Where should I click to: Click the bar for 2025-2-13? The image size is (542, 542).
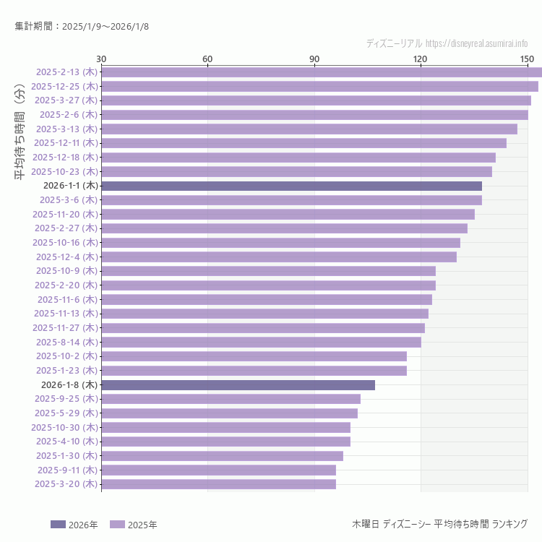click(322, 72)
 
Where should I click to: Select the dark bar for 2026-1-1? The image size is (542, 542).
click(291, 186)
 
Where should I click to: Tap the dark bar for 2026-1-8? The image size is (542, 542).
click(238, 384)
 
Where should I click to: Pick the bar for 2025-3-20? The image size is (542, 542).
click(218, 484)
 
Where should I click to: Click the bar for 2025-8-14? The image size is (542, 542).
click(261, 342)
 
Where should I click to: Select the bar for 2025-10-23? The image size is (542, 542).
click(296, 171)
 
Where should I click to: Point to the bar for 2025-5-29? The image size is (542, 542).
click(229, 413)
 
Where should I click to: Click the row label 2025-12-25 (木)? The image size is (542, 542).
click(64, 86)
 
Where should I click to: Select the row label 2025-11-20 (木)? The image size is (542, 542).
click(64, 214)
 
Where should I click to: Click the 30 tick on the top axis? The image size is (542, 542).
click(101, 59)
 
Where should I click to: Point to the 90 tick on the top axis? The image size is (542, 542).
click(314, 59)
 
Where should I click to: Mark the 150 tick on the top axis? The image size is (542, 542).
click(527, 59)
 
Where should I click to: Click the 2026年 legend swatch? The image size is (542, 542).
click(58, 525)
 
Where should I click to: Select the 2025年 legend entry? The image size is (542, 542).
click(134, 525)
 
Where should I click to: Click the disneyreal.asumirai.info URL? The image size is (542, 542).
click(476, 43)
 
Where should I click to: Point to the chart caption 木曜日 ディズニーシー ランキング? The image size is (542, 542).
click(439, 524)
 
